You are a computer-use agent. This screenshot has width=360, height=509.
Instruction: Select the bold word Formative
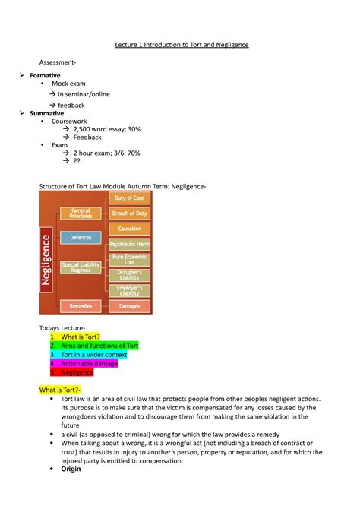click(x=45, y=77)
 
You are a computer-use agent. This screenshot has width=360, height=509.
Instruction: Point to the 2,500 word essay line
click(x=106, y=130)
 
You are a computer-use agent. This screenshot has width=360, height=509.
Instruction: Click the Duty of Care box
click(x=129, y=198)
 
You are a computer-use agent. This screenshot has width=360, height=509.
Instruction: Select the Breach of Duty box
click(x=129, y=213)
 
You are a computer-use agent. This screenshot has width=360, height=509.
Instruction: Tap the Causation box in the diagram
click(x=129, y=229)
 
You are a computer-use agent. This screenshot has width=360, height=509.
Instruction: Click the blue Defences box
click(x=81, y=238)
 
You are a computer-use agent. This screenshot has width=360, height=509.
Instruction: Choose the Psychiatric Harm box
click(x=129, y=245)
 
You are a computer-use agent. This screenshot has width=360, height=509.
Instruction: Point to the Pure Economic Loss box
click(x=129, y=260)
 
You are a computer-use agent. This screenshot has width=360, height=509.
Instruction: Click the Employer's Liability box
click(x=129, y=290)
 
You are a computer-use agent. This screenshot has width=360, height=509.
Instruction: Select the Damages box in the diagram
click(x=129, y=306)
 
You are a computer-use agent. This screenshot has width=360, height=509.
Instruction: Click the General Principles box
click(x=81, y=213)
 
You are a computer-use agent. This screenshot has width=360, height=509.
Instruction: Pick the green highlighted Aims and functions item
click(x=99, y=346)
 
